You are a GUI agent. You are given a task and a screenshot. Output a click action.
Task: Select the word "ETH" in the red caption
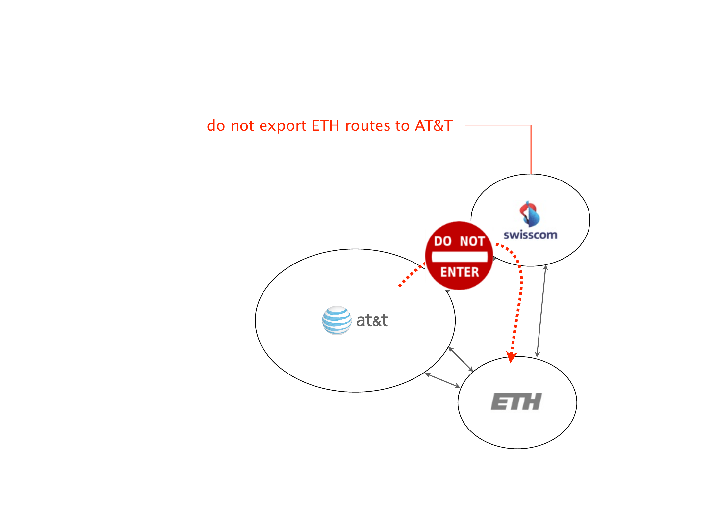tap(325, 125)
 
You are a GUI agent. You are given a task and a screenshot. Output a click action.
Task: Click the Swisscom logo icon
tap(529, 214)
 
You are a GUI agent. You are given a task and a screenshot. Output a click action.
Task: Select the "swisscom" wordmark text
tap(530, 235)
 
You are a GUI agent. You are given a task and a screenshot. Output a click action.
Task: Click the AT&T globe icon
tap(337, 320)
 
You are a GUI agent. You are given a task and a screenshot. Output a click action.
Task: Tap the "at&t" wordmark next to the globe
tap(372, 320)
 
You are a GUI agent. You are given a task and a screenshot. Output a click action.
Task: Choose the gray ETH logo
tap(516, 402)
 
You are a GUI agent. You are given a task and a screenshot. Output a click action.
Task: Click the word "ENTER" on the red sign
tap(460, 272)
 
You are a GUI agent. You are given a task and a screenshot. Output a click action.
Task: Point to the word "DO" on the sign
tap(442, 241)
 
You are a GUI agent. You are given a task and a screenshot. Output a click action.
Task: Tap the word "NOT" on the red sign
tap(472, 241)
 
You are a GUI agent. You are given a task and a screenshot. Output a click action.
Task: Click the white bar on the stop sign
tap(460, 257)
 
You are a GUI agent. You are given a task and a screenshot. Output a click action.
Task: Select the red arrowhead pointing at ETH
tap(511, 357)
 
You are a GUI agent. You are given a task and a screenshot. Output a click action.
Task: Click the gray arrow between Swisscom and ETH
tap(541, 311)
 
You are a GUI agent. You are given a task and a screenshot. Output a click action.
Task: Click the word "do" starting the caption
tap(215, 126)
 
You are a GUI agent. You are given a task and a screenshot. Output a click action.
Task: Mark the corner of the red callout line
tap(531, 125)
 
